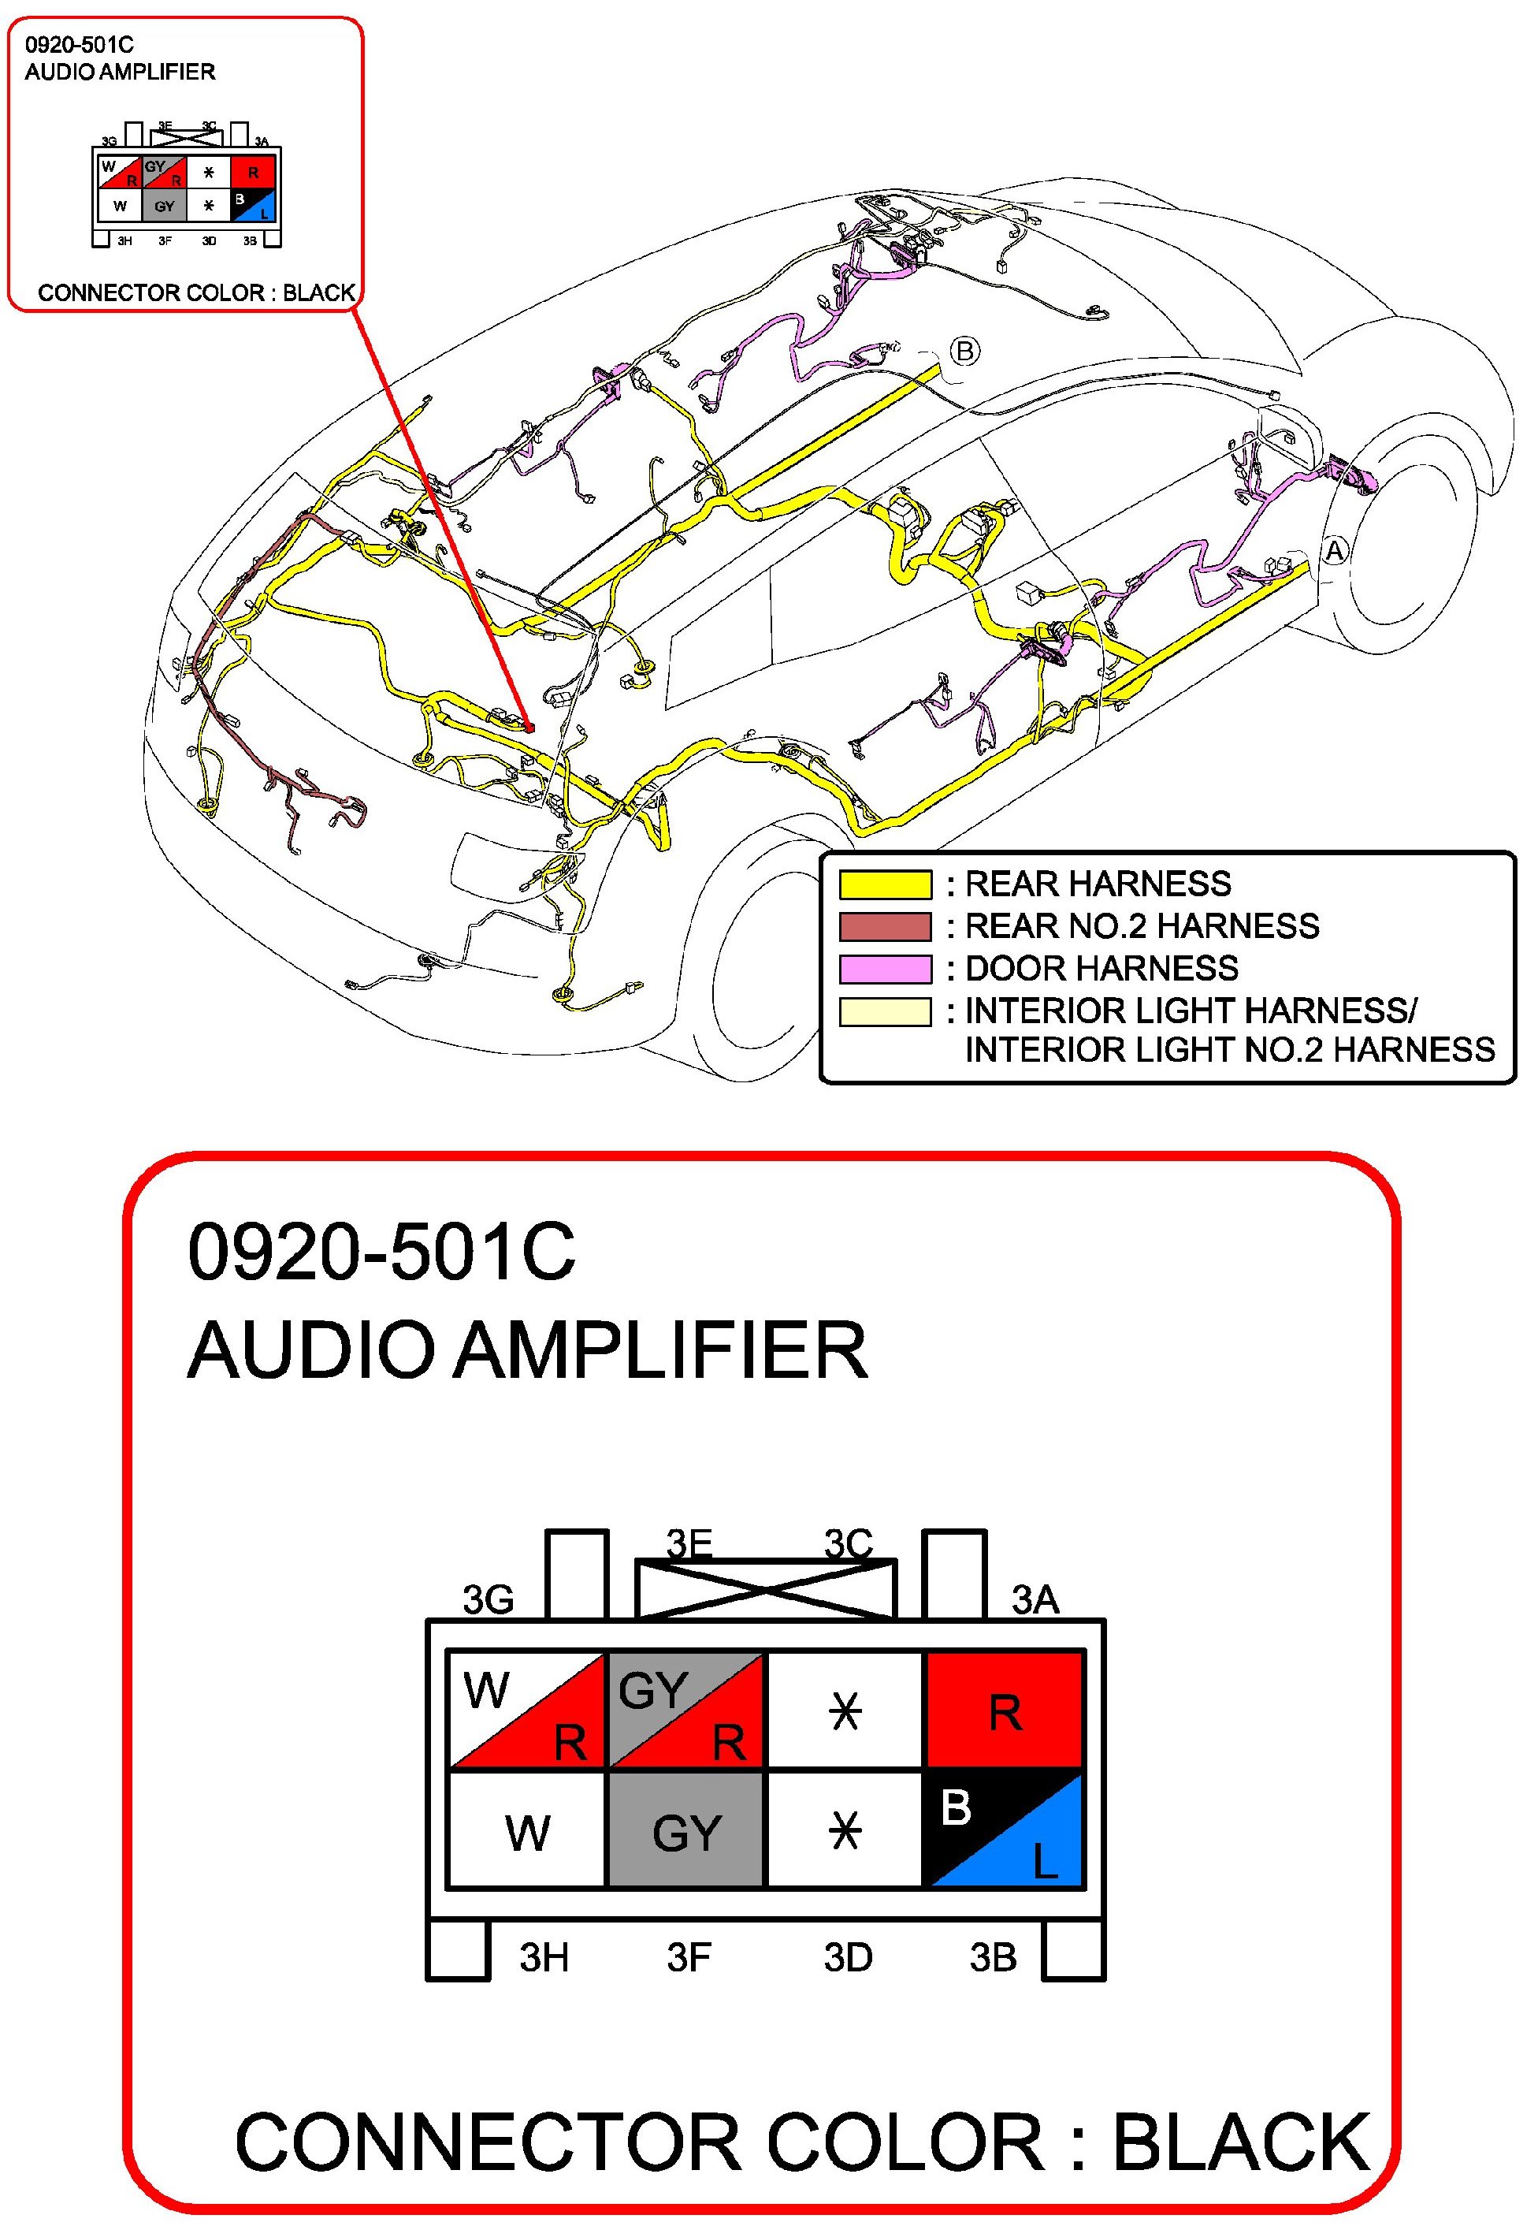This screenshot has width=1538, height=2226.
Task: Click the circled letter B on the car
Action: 964,351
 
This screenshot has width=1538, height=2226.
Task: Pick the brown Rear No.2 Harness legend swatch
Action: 885,926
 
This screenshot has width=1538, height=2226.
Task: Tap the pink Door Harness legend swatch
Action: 885,969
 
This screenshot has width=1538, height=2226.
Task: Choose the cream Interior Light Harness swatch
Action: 885,1011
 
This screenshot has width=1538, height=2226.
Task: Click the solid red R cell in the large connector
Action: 1004,1710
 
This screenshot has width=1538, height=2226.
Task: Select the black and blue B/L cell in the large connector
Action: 1004,1829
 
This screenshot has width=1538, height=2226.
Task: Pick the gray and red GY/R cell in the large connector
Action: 686,1710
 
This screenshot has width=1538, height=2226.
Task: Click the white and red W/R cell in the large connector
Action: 527,1710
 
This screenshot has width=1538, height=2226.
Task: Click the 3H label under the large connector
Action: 544,1958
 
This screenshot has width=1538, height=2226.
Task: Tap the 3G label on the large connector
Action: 489,1599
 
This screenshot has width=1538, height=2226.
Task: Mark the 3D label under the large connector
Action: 848,1958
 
